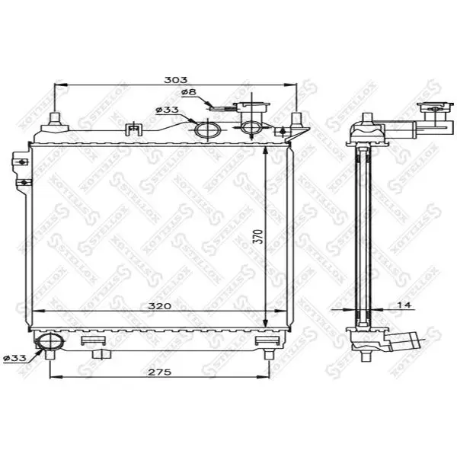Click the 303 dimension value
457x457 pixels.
176,79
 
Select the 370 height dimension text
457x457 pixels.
260,237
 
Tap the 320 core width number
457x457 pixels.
160,306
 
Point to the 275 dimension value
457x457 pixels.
160,372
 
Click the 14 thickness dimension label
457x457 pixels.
404,305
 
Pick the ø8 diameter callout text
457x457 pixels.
189,92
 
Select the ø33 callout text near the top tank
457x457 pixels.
167,110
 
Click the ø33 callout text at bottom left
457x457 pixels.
14,358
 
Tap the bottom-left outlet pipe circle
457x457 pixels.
50,341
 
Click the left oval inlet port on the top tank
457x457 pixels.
208,129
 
